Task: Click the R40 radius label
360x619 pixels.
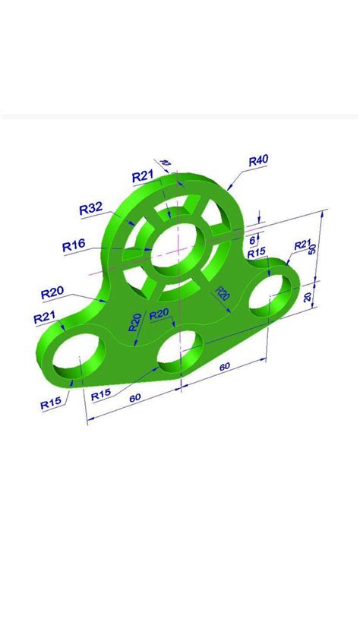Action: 258,160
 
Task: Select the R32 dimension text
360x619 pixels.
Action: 91,209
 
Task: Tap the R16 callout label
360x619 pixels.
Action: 74,245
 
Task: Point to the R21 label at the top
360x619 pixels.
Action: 143,176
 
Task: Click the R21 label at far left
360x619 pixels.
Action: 45,317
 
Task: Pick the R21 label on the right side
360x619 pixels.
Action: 304,245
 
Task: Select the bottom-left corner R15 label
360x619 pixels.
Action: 52,404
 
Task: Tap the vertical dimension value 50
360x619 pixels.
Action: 311,249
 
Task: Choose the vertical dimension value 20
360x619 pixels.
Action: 307,297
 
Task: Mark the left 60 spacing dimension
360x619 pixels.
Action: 135,398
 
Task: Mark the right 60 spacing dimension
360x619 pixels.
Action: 225,367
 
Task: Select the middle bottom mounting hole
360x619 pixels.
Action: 181,350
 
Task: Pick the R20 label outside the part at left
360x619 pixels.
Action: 52,292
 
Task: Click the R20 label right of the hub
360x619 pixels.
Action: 223,294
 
